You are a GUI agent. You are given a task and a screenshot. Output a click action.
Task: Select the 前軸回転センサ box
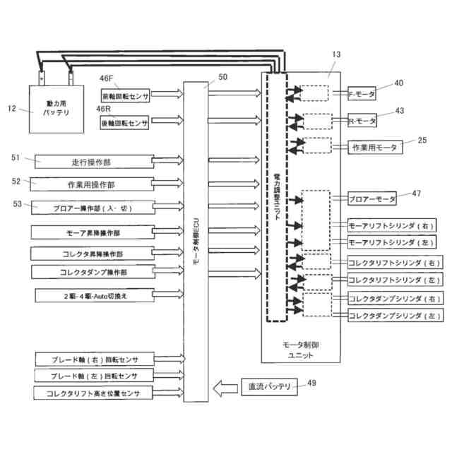125,94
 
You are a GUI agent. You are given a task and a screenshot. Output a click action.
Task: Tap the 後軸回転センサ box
124,122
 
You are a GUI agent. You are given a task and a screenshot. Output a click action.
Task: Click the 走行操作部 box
92,161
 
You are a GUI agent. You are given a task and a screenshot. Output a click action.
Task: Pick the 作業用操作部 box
92,184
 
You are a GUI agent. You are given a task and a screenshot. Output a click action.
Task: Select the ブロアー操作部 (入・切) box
92,208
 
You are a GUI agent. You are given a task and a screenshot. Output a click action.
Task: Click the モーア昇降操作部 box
92,232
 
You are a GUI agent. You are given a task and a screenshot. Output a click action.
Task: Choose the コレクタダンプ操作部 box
92,271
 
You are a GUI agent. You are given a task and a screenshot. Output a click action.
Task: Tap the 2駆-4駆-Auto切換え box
92,295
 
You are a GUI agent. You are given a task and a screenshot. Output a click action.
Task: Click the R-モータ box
362,121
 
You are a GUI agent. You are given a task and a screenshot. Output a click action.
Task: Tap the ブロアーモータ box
372,200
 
